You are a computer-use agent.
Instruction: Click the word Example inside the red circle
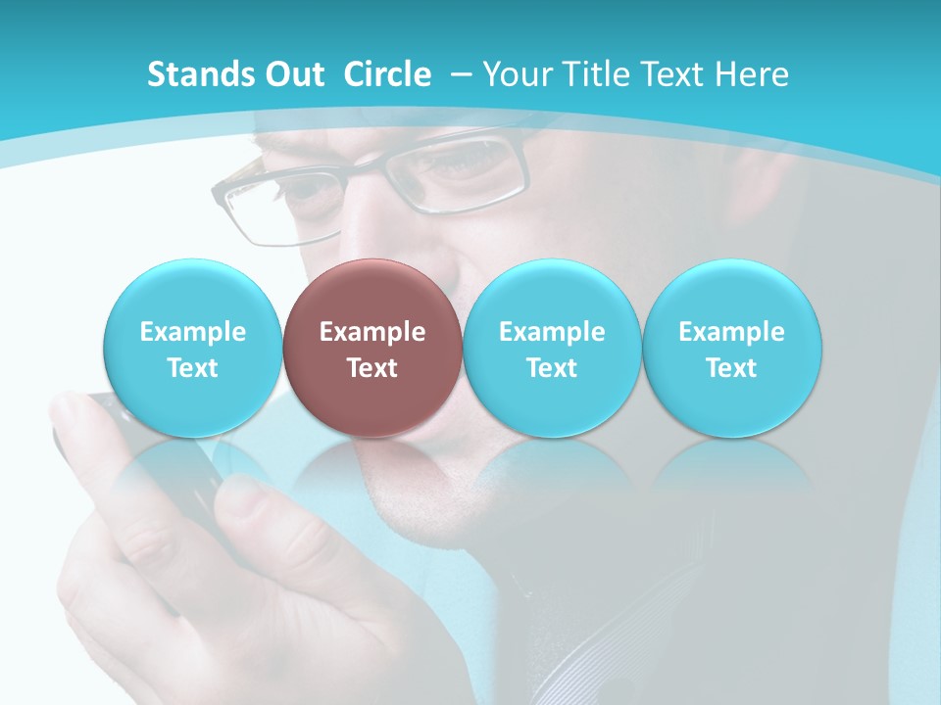371,332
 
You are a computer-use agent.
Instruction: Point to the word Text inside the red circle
371,368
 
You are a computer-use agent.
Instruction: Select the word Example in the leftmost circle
192,332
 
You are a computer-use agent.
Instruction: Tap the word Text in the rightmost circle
731,368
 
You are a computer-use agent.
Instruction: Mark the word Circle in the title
387,74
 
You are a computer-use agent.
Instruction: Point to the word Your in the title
516,74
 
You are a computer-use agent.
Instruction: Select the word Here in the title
755,74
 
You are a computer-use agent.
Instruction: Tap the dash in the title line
462,74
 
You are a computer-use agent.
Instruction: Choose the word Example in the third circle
551,332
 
